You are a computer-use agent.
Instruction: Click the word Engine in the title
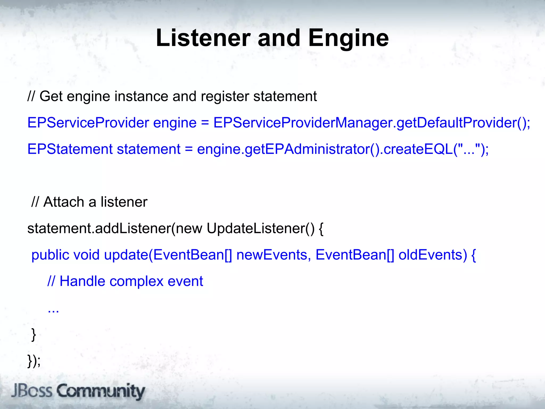(x=348, y=39)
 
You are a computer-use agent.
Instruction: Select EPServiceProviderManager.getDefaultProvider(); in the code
(x=371, y=123)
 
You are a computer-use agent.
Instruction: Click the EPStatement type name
(x=70, y=149)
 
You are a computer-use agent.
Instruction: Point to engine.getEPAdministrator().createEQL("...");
(x=342, y=149)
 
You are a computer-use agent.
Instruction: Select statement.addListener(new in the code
(x=115, y=228)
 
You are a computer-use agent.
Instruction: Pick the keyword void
(x=86, y=255)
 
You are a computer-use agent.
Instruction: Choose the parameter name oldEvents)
(x=432, y=255)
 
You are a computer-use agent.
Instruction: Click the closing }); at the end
(x=34, y=361)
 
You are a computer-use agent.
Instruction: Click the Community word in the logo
(x=101, y=391)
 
